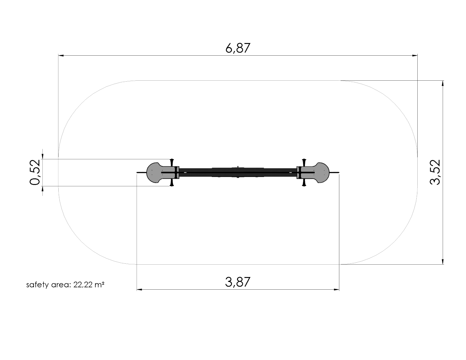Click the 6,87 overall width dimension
238,48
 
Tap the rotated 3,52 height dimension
435,172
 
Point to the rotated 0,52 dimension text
35,172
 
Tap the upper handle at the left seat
172,163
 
